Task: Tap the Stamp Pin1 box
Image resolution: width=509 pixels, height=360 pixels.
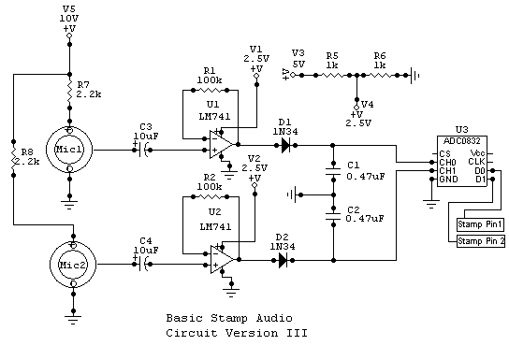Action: pos(480,224)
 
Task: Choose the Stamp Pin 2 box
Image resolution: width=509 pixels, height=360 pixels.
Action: pos(481,241)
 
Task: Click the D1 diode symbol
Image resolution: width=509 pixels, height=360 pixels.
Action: pos(285,145)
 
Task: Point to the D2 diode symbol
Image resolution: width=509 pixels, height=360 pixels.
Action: pos(284,260)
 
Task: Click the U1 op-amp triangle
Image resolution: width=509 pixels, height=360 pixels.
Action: pos(222,145)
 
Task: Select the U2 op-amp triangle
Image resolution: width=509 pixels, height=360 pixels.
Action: pos(222,259)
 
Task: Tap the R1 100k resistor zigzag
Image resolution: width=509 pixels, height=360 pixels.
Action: pos(211,90)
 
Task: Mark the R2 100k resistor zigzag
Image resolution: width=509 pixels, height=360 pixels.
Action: pos(211,196)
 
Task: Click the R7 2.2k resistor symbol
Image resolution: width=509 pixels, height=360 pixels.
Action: pos(69,91)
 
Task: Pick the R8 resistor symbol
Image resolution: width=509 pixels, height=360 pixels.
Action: pos(14,159)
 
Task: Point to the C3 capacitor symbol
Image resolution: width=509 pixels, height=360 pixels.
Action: pos(143,150)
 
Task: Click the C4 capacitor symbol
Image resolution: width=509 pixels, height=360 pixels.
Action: pos(143,265)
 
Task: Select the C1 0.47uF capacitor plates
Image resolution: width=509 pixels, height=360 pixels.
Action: pos(333,171)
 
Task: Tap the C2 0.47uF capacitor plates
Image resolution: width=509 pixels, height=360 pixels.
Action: pos(333,216)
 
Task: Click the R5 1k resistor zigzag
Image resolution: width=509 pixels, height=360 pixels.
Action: pos(332,75)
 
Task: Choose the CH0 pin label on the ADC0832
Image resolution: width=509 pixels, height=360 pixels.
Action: pos(447,162)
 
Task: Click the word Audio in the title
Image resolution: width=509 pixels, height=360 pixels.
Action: pos(274,318)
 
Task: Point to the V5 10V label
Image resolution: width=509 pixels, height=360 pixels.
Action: pos(69,14)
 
